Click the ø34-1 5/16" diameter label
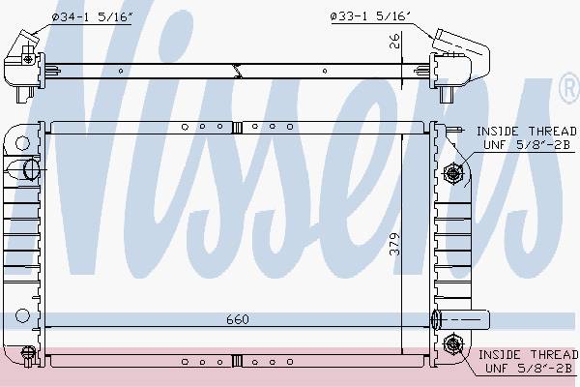click(92, 17)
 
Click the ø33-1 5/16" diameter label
click(370, 16)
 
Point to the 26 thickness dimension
click(395, 41)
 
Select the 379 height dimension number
click(395, 244)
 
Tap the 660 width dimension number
click(238, 319)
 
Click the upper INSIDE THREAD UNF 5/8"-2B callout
click(527, 137)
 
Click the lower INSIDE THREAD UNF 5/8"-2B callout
click(528, 361)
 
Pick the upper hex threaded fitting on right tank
click(452, 173)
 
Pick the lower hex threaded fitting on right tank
click(452, 344)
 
